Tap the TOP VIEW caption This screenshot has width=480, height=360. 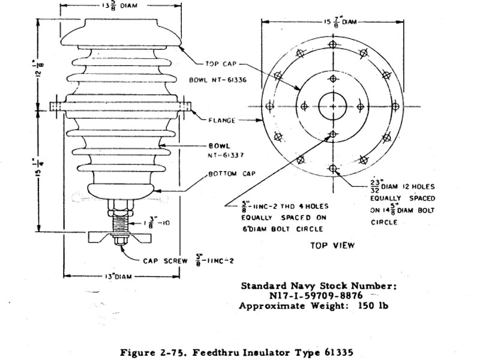332,245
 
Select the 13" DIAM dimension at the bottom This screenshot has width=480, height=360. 118,276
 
